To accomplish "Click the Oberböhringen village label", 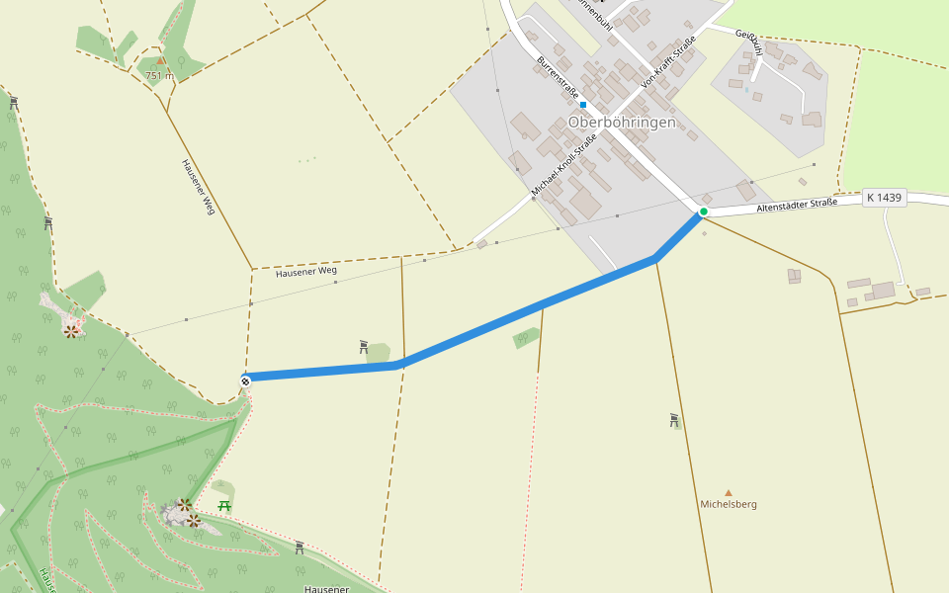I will [x=622, y=123].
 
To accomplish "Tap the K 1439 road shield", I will [x=884, y=198].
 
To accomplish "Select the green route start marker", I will [x=704, y=212].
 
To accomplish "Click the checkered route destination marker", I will [x=245, y=379].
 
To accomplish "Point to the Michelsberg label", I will [x=729, y=504].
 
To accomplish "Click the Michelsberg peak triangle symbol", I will [x=729, y=492].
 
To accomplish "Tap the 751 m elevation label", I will [x=159, y=75].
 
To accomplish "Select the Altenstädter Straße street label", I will [x=797, y=205].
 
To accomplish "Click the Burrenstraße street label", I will [x=558, y=77].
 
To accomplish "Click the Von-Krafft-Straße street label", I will [x=669, y=62].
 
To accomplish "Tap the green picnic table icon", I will [x=225, y=506].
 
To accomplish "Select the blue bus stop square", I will [x=583, y=104].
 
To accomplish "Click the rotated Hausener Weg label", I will [x=198, y=187].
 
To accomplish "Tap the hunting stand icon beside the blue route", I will [x=364, y=347].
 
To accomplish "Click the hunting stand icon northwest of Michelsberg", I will [x=674, y=420].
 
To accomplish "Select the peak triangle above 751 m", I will [x=160, y=61].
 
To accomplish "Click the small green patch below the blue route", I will [x=526, y=339].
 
